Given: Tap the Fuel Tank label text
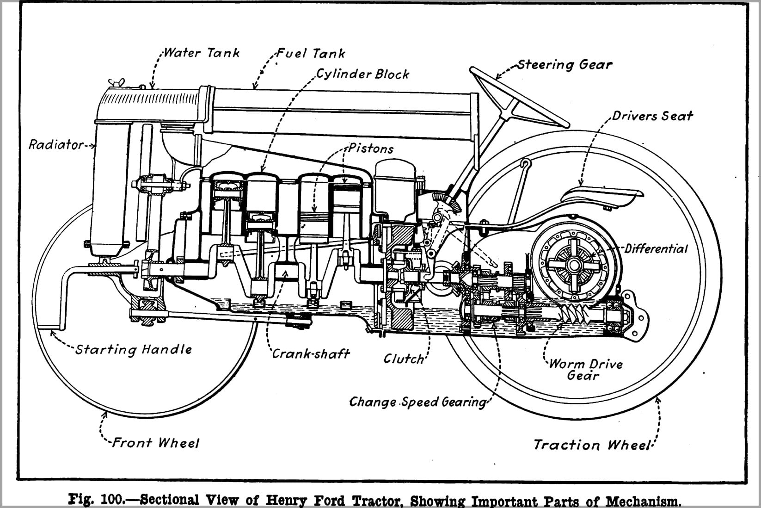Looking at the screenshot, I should pos(311,54).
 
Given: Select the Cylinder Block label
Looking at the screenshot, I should pos(362,74).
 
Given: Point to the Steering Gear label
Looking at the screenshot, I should pos(565,65).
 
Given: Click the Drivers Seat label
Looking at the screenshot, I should pos(652,116).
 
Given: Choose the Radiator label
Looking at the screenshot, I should pos(56,145).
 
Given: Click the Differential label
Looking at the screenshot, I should pos(656,249).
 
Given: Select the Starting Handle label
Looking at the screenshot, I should pos(134,349).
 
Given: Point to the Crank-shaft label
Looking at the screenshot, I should pos(311,354).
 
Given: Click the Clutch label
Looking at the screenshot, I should pos(404,359).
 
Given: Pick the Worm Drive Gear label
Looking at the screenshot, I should pos(585,369).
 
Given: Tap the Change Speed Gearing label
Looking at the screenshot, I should pos(417,402).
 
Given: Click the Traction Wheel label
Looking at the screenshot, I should pos(593,445).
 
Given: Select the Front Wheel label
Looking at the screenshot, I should pos(156,443).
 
